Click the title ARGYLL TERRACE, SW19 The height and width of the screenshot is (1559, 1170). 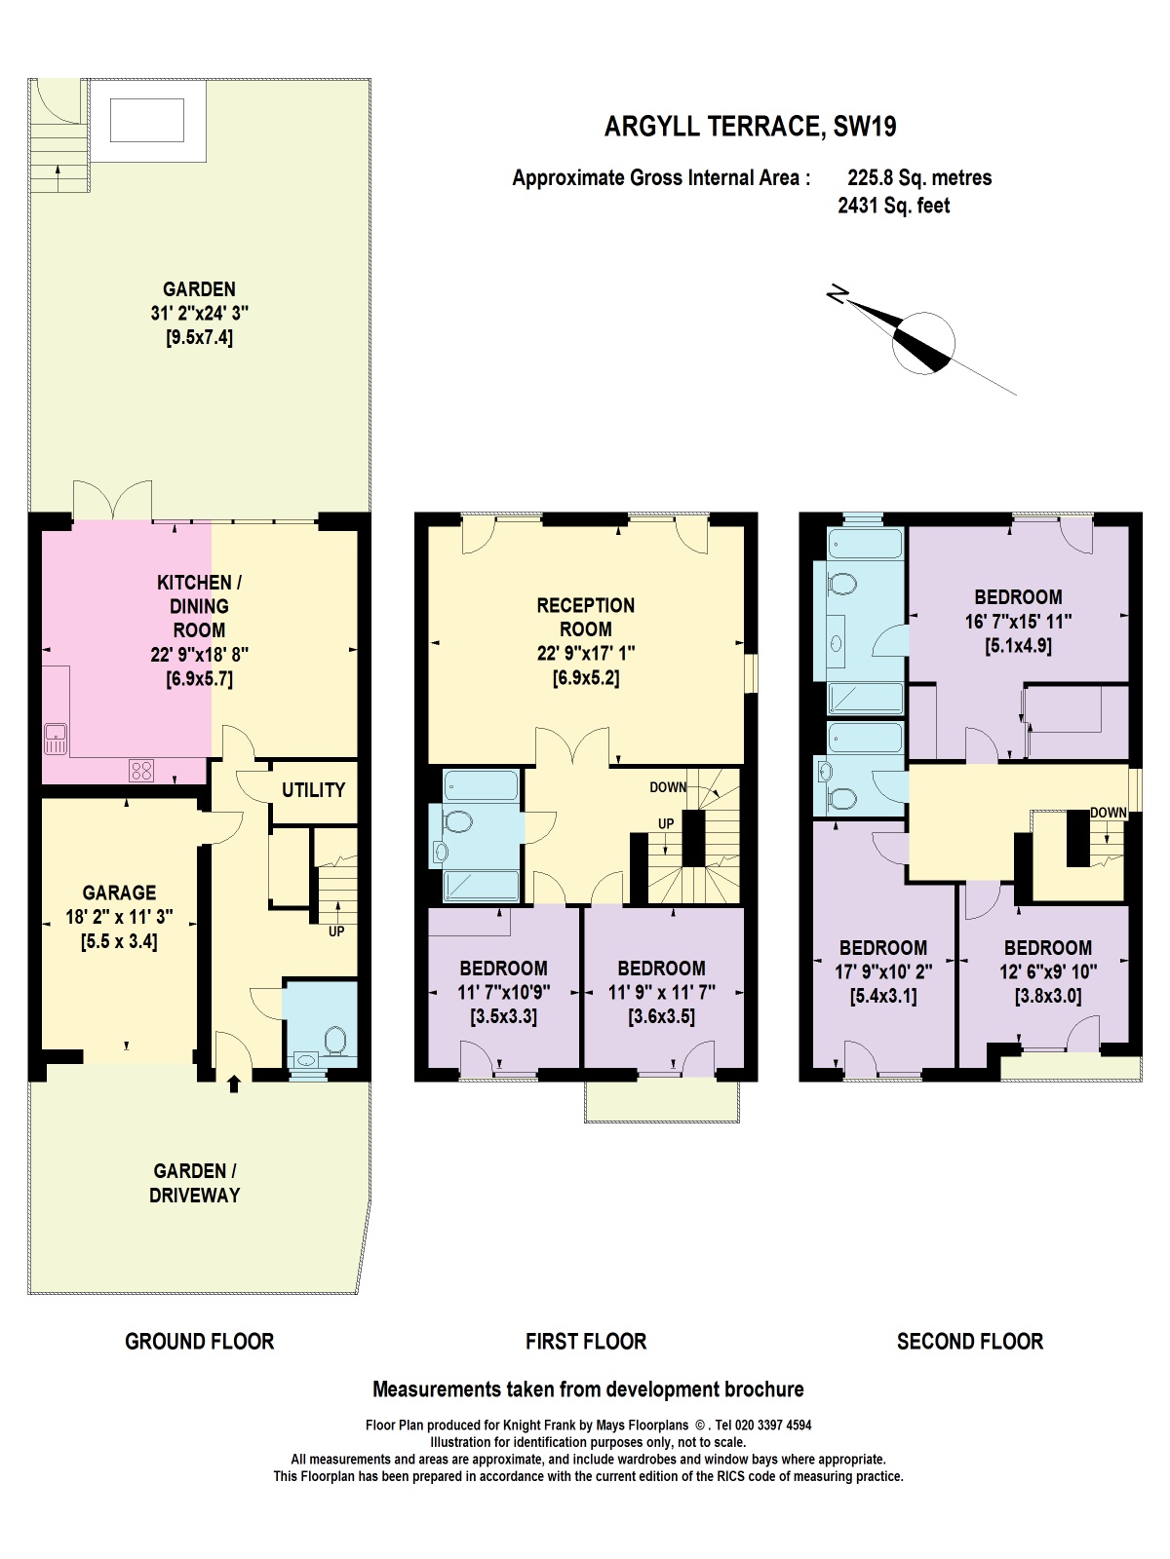point(750,127)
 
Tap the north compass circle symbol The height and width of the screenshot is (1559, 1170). point(923,343)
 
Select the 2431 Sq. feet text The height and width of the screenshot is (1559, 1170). point(893,206)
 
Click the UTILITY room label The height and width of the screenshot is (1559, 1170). point(313,790)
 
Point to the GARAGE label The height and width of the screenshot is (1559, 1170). point(119,893)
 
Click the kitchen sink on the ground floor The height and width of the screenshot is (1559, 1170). point(56,740)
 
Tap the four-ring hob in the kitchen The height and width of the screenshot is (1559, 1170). point(141,771)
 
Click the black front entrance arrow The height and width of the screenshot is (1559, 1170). point(233,1084)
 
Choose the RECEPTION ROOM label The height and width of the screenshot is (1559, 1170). point(585,617)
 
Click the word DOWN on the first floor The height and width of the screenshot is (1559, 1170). point(668,787)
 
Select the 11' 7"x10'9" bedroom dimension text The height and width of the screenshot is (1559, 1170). point(504,993)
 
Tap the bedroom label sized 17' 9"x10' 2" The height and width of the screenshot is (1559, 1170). point(883,948)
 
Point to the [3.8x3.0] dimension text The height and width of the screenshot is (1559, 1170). point(1047,996)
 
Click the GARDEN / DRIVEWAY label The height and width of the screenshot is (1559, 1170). point(194,1183)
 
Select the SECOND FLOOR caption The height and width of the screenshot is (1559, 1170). point(969,1342)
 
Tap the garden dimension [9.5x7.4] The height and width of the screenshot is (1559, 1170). point(199,338)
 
